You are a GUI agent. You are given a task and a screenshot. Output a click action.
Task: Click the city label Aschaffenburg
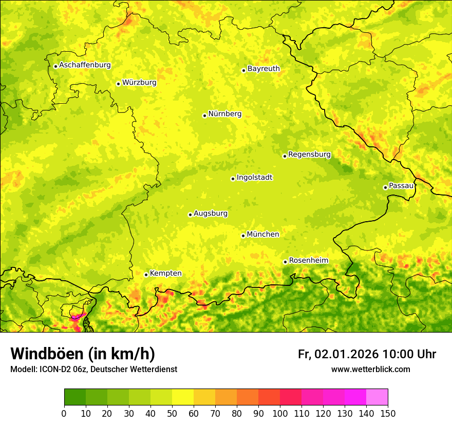[85, 65]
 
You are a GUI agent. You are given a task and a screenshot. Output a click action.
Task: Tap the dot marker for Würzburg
[118, 84]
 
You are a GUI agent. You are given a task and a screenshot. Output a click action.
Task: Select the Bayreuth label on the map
[263, 69]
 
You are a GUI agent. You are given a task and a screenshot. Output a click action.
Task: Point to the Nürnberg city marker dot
[204, 115]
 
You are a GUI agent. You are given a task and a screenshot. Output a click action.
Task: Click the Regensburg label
[309, 154]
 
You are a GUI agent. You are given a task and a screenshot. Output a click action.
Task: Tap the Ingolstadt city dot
[233, 179]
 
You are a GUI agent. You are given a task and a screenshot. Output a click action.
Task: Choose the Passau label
[401, 186]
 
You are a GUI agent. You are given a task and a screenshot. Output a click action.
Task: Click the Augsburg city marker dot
[190, 215]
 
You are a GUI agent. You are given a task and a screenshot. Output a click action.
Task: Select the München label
[263, 235]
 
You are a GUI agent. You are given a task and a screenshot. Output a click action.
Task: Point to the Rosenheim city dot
[285, 262]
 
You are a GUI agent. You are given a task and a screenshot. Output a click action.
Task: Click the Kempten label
[165, 274]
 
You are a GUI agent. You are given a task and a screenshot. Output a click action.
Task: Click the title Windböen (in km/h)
[83, 354]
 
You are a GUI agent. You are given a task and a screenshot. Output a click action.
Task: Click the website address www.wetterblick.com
[370, 370]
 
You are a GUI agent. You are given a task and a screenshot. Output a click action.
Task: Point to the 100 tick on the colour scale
[280, 413]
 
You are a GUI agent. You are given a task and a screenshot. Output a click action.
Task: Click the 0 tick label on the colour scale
[64, 413]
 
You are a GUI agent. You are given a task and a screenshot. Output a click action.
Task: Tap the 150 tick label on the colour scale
[388, 413]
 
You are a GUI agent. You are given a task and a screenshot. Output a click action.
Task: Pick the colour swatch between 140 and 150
[377, 397]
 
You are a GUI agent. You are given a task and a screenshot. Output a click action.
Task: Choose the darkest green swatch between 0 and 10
[75, 397]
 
